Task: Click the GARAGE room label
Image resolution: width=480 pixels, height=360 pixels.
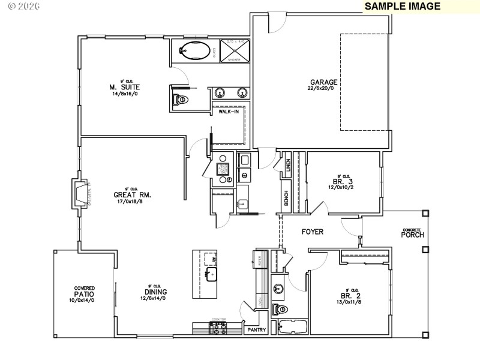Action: coord(323,83)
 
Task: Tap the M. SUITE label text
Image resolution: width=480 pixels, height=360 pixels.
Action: coord(129,87)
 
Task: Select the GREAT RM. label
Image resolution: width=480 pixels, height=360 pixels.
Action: coord(132,195)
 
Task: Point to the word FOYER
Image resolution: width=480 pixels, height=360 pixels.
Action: coord(313,231)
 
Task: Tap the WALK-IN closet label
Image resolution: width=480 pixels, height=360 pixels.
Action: coord(228,112)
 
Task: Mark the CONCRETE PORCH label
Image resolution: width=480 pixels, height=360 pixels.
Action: coord(413,233)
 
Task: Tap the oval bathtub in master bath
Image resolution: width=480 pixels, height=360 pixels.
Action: coord(194,50)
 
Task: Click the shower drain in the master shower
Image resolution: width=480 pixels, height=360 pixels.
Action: coord(234,50)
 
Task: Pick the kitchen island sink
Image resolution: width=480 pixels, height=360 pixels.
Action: coord(211,275)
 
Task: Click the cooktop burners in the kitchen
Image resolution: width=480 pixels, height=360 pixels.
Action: coord(217,328)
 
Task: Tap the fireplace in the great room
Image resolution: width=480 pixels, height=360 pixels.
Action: coord(79,193)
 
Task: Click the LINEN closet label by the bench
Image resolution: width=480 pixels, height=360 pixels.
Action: coord(288,164)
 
